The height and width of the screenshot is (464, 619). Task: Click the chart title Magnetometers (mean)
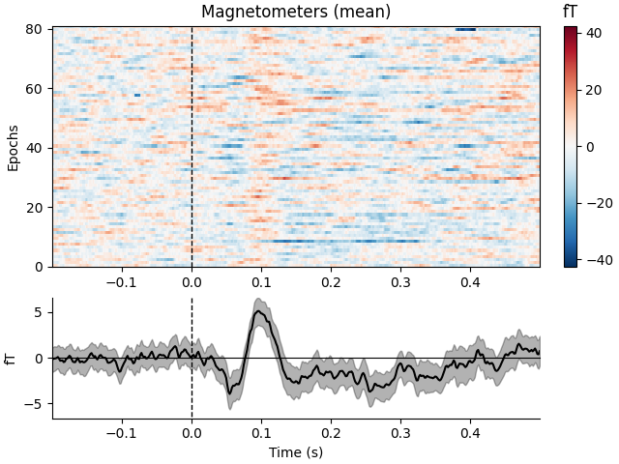pos(296,13)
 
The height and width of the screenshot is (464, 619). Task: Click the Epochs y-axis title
pos(14,147)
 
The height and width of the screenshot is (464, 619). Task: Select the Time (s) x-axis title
pos(296,451)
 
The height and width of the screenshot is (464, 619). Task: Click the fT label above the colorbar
pos(571,12)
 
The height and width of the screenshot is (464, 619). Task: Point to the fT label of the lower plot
pos(12,359)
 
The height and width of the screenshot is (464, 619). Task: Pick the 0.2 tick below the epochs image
pos(331,282)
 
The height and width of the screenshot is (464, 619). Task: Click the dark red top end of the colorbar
pos(571,30)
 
